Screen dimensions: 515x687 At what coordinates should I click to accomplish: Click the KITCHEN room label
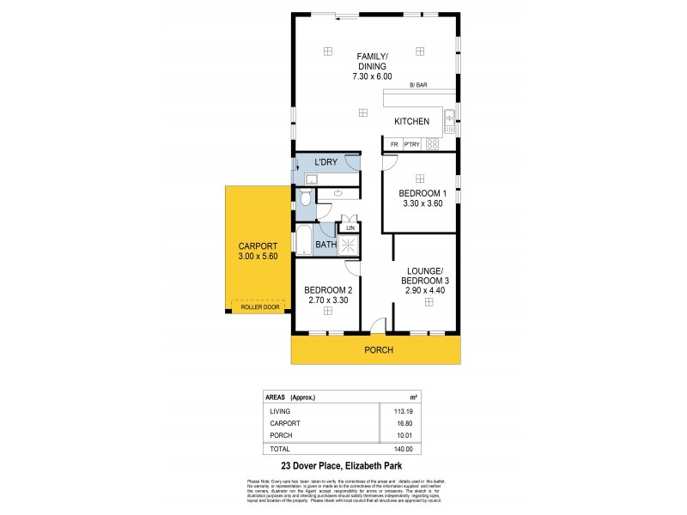[411, 121]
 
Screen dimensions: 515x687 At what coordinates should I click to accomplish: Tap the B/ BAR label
[418, 85]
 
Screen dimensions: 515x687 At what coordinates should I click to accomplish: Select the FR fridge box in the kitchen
[394, 145]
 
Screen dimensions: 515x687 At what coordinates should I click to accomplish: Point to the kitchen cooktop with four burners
[433, 144]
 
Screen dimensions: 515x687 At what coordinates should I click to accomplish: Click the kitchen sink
[449, 120]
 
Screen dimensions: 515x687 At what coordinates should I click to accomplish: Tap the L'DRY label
[325, 162]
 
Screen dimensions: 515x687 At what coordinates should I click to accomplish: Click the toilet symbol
[306, 200]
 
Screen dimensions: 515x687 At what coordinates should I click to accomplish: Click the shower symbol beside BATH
[350, 245]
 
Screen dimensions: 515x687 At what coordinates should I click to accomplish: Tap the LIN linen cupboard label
[350, 227]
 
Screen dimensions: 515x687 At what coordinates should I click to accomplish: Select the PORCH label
[379, 349]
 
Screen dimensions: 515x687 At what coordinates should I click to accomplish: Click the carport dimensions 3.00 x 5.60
[258, 255]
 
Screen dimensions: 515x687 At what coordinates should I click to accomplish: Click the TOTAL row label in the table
[279, 449]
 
